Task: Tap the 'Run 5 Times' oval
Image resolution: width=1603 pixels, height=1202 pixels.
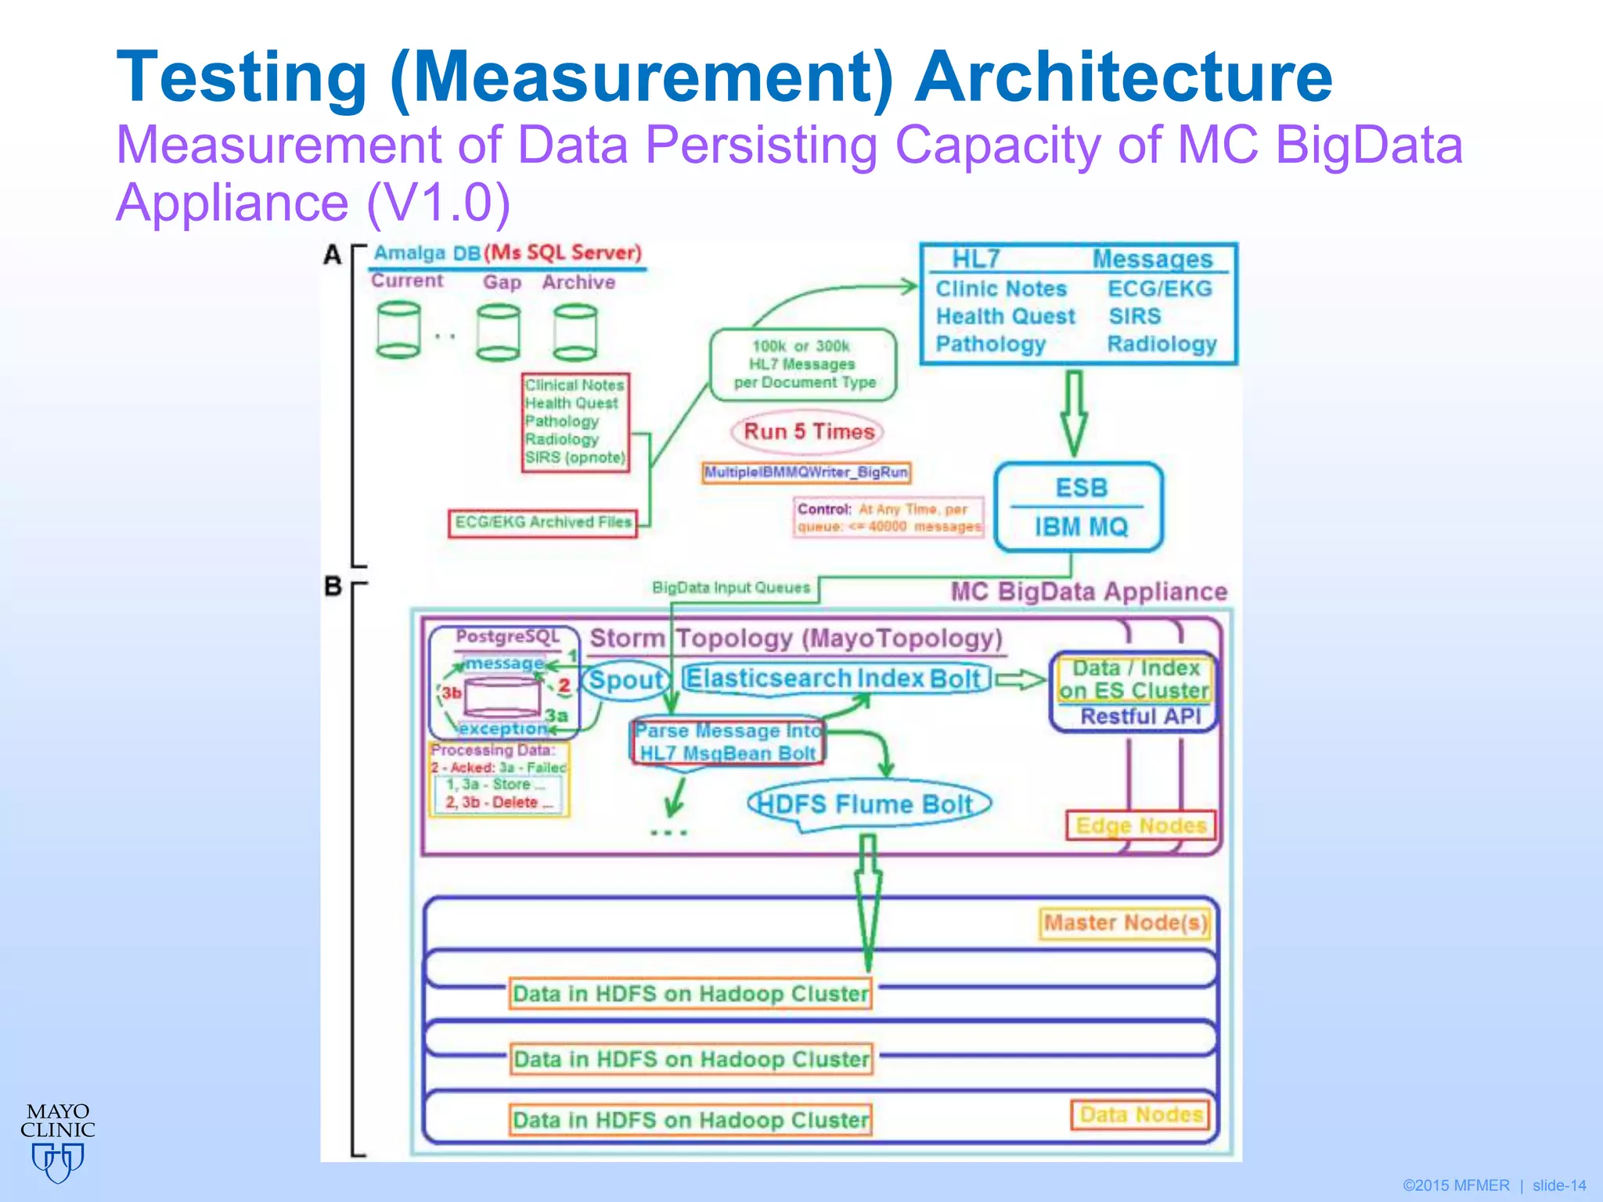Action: [x=808, y=432]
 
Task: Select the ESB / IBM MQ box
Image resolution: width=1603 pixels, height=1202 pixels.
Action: [x=1079, y=507]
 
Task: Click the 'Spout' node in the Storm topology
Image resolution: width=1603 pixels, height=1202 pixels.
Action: [x=625, y=679]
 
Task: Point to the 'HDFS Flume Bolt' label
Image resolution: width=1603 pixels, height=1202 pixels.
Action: [x=867, y=804]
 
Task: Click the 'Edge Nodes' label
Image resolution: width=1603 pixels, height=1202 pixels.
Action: [x=1140, y=826]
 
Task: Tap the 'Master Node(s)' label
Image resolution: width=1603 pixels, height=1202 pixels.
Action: [x=1125, y=923]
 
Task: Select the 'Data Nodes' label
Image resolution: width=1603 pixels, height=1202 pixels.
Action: [x=1140, y=1114]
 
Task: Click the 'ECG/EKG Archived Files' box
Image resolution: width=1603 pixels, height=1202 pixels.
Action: [x=542, y=523]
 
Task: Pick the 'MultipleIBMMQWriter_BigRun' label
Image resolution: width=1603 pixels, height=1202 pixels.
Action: [x=806, y=473]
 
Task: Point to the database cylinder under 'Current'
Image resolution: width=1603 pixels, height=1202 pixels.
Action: [x=398, y=330]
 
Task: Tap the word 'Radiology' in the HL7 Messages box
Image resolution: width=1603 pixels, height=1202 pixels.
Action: [x=1162, y=344]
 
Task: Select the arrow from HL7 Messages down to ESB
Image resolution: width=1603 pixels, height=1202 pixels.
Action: [x=1074, y=413]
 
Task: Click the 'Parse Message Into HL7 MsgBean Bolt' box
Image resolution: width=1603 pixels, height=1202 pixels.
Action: [x=728, y=742]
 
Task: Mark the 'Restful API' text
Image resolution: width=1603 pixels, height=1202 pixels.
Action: [x=1140, y=716]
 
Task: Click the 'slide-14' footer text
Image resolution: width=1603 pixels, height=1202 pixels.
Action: [x=1558, y=1186]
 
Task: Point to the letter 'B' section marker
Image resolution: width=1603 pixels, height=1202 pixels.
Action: [x=333, y=586]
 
